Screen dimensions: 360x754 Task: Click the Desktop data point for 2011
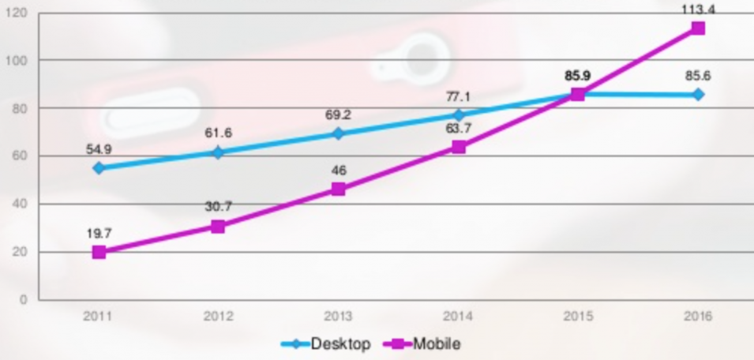[99, 168]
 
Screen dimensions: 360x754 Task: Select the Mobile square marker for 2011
[99, 253]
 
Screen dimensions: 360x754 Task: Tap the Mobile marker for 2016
[698, 28]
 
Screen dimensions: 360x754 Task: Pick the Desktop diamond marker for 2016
[698, 95]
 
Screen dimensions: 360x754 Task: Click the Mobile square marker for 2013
[338, 189]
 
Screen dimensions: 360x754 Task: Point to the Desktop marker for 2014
[458, 114]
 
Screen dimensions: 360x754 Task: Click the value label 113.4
[698, 9]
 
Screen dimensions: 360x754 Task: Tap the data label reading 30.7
[218, 207]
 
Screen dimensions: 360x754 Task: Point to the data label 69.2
[338, 114]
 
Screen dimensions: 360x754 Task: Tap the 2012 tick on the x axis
[218, 317]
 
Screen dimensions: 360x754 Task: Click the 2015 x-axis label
[578, 317]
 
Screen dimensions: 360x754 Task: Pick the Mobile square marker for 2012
[218, 227]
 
